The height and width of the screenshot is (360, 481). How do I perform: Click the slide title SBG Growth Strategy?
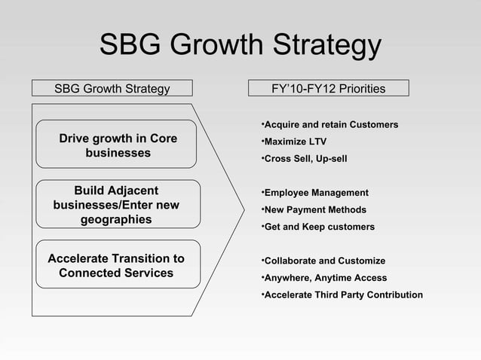[240, 47]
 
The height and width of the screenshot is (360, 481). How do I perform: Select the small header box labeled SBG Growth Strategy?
[112, 89]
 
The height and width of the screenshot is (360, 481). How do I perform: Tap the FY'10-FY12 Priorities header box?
[328, 89]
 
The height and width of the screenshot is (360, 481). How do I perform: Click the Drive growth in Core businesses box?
[118, 145]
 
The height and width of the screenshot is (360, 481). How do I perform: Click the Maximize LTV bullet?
[294, 142]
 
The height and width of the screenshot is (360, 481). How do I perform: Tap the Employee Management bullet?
[314, 193]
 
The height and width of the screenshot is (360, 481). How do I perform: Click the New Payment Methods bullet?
[313, 209]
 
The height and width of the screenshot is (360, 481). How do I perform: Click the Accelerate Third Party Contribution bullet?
[342, 294]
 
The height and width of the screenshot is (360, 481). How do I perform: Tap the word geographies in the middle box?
[116, 220]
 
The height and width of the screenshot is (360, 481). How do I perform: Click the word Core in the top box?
[164, 139]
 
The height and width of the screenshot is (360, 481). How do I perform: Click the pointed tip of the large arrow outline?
[244, 205]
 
